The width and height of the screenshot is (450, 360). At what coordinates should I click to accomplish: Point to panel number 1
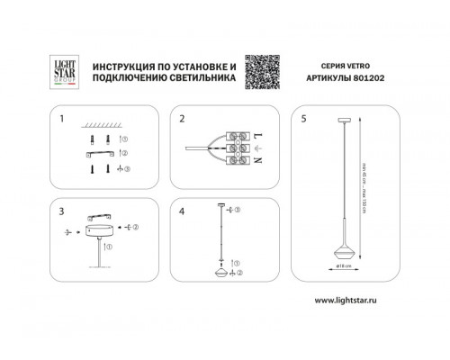tap(61, 118)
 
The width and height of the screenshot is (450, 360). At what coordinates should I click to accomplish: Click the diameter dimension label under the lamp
tap(347, 267)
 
